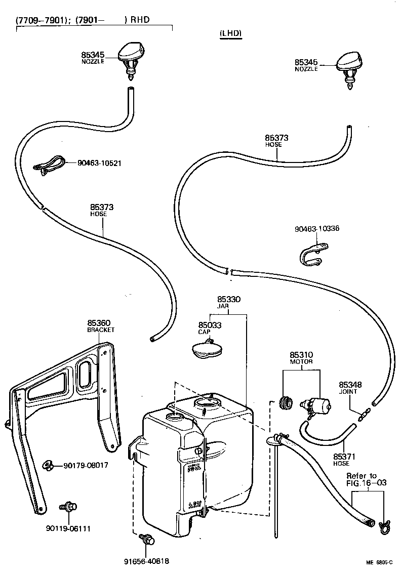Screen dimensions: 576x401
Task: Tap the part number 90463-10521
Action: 99,163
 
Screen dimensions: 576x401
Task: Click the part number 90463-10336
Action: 316,228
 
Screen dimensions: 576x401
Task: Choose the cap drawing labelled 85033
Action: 207,350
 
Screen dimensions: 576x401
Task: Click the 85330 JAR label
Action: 229,303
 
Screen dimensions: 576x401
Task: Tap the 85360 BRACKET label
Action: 101,326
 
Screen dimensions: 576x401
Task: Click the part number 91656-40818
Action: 146,561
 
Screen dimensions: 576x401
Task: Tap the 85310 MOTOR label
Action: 301,358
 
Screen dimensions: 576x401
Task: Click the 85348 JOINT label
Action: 350,388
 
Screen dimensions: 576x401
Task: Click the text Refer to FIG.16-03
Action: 366,479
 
